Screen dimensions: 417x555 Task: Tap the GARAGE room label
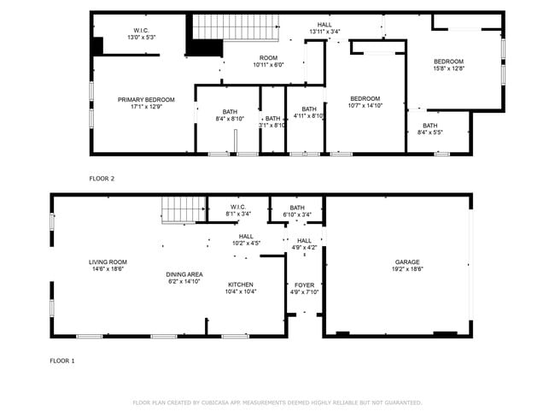(407, 262)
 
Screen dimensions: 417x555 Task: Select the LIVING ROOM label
(108, 262)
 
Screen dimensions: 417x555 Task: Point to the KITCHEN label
(241, 285)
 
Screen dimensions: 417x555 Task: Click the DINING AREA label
(184, 274)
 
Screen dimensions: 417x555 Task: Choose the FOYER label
(304, 285)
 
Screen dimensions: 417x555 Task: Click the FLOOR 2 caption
(102, 179)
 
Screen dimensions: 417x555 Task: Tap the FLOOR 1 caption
(61, 361)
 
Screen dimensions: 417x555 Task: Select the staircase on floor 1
(180, 208)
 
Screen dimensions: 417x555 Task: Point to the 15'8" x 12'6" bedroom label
(448, 62)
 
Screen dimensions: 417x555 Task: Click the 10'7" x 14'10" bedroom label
(365, 98)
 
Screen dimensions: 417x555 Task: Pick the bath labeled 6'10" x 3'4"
(297, 208)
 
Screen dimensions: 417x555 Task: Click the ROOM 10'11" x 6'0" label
(267, 57)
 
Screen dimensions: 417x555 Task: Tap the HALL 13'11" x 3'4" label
(324, 25)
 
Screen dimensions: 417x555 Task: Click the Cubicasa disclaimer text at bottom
(277, 402)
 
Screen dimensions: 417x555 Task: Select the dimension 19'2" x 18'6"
(407, 269)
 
